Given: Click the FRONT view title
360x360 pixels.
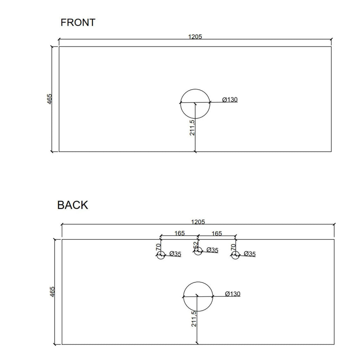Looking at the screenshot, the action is click(78, 22).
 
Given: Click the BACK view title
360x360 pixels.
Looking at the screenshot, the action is click(72, 205).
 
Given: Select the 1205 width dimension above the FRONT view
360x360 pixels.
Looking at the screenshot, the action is click(195, 37).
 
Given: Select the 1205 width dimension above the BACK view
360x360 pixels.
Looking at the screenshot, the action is click(198, 222).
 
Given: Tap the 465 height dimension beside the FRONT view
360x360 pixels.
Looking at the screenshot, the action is click(50, 99).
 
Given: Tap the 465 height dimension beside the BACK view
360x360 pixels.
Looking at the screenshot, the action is click(52, 291).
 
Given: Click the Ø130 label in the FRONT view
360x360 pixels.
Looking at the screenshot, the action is click(230, 99).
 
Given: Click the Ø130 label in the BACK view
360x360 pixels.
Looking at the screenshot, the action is click(233, 294).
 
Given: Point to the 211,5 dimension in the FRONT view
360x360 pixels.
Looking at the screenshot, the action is click(192, 128).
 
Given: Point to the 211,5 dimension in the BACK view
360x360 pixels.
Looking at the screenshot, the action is click(194, 319).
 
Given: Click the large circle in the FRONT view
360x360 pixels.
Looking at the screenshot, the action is click(195, 89).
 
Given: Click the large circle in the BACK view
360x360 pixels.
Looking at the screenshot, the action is click(198, 282).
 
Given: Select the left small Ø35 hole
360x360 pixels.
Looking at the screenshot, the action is click(161, 251).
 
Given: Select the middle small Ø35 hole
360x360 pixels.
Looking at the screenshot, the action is click(198, 247).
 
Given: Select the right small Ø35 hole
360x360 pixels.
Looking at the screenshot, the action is click(235, 251).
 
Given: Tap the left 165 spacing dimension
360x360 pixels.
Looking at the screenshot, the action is click(180, 233).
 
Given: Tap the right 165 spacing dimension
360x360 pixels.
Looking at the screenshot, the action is click(217, 233).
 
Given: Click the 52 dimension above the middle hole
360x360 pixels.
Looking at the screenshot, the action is click(195, 245).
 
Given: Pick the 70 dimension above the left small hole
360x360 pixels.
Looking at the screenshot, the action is click(158, 247).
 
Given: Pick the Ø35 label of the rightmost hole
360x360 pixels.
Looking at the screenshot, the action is click(250, 254).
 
